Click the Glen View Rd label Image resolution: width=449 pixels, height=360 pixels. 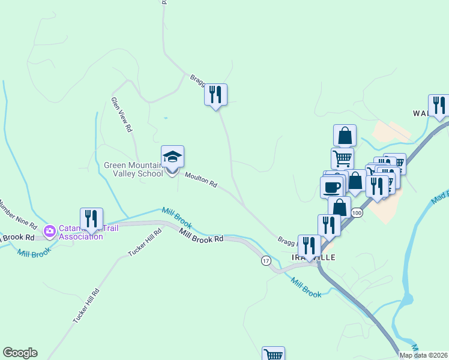(x=121, y=115)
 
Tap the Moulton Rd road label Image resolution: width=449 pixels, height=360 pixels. (x=200, y=179)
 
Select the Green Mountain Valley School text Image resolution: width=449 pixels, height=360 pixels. (x=133, y=170)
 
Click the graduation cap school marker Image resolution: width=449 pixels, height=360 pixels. (x=173, y=157)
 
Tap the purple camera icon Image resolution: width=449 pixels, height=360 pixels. (x=50, y=230)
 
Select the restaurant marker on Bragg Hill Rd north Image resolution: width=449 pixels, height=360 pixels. (x=215, y=94)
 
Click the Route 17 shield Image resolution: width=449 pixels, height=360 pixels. (x=266, y=261)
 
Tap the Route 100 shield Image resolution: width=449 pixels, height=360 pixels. (x=357, y=213)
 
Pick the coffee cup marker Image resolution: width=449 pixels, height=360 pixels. (x=331, y=187)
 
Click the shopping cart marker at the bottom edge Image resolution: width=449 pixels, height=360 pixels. (x=274, y=354)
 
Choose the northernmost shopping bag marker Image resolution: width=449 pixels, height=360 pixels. (x=345, y=135)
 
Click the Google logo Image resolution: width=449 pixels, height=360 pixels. (x=20, y=353)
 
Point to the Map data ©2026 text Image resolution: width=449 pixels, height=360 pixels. (x=424, y=355)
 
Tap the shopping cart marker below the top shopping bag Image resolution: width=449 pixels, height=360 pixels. (x=342, y=158)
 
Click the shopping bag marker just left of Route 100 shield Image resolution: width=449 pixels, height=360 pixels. (x=340, y=208)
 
